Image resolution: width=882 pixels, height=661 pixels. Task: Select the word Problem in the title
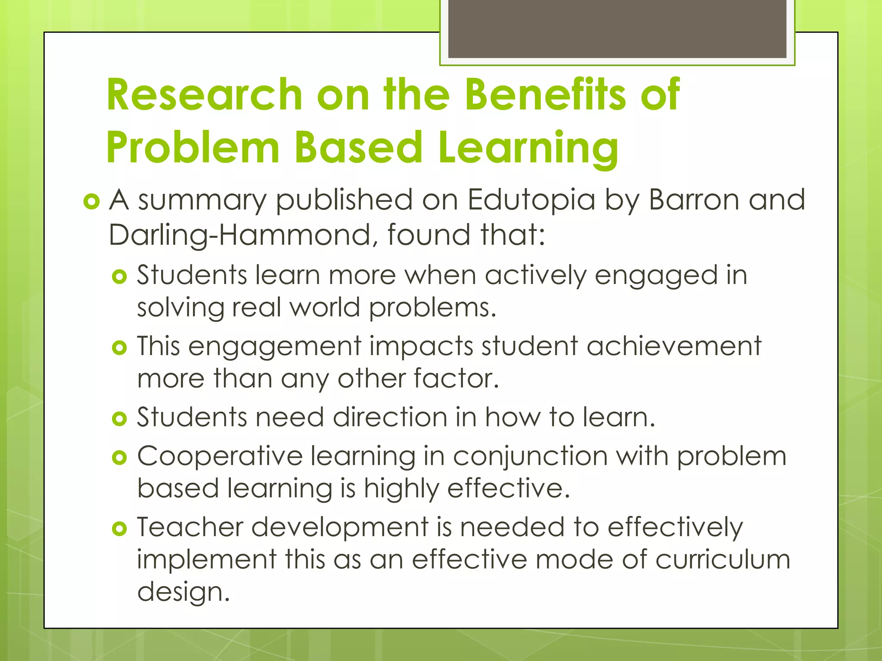click(x=193, y=147)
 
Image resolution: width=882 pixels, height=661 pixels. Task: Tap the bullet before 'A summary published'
click(x=91, y=201)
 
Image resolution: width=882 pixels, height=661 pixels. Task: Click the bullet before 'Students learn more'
click(x=119, y=276)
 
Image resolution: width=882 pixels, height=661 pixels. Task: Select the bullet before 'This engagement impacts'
click(x=119, y=347)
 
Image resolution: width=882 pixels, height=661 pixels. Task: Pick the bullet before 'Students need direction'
click(x=119, y=418)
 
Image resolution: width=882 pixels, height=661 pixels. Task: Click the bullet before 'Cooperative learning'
click(x=119, y=457)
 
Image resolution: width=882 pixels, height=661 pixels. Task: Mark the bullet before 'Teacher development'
click(x=119, y=528)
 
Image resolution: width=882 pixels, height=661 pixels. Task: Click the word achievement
click(x=674, y=346)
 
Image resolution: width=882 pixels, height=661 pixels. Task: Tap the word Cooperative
click(x=220, y=456)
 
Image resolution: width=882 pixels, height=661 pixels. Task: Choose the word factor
click(x=456, y=379)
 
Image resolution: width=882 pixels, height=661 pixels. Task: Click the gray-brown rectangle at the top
click(x=617, y=28)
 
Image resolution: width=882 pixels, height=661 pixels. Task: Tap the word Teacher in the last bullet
click(x=190, y=527)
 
